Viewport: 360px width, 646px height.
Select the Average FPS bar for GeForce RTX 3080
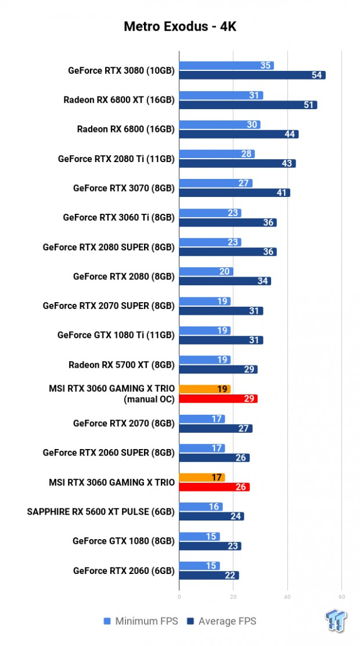pos(252,75)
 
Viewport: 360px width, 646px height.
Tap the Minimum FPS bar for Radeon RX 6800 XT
pos(221,95)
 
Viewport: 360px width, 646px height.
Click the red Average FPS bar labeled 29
pos(218,399)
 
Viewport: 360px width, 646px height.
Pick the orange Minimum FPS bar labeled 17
pos(201,478)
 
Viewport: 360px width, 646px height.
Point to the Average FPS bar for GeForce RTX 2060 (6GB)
pos(208,575)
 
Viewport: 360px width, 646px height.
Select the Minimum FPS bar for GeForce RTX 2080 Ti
pos(217,154)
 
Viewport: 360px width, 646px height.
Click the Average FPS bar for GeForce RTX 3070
pos(234,193)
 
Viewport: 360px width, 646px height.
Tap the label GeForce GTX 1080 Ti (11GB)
pos(116,335)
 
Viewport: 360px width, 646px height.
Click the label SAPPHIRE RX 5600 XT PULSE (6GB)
pos(100,512)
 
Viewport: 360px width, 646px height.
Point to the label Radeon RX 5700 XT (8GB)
pos(121,365)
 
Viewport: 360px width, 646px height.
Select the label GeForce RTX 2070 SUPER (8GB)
pos(108,306)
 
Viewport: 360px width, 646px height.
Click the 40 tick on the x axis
pos(287,597)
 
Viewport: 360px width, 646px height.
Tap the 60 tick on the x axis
pos(341,597)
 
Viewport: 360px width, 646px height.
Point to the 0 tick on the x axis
pos(179,597)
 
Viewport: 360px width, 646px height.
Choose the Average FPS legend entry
pos(221,621)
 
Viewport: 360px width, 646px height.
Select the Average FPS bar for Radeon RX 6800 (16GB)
pos(238,134)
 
